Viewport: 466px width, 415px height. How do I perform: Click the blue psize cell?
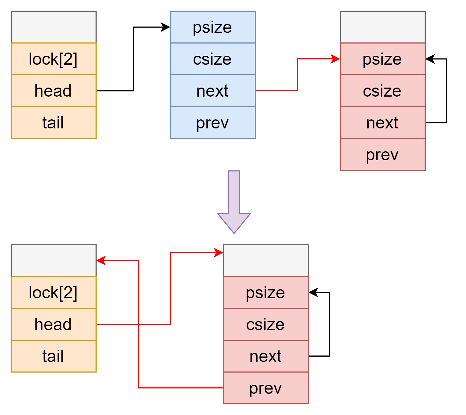coord(213,27)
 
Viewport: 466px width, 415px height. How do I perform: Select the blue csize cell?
coord(213,59)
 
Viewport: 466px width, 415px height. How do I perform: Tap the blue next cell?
coord(213,91)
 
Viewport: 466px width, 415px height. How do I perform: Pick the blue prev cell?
coord(213,123)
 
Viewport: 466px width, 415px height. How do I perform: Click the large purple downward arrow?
coord(234,202)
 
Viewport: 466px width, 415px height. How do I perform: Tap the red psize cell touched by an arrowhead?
coord(382,59)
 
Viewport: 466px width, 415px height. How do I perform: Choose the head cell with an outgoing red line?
coord(53,324)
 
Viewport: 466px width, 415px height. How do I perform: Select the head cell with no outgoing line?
coord(53,91)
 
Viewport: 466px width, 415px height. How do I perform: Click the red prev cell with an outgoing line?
coord(266,388)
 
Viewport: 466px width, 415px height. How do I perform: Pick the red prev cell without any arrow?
coord(382,154)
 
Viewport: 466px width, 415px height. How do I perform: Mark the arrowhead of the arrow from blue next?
coord(336,59)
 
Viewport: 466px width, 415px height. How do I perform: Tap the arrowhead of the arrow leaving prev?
coord(101,261)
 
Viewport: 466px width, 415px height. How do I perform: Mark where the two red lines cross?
coord(139,324)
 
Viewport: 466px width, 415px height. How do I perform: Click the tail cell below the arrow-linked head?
coord(53,356)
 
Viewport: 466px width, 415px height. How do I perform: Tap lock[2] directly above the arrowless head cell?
coord(53,59)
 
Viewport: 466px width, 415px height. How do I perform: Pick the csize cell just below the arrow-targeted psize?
coord(382,91)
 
